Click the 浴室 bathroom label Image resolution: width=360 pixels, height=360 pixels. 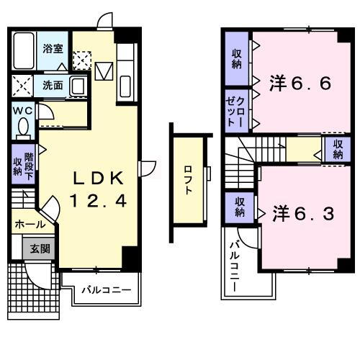pos(52,49)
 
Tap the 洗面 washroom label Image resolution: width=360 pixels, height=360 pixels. pos(52,85)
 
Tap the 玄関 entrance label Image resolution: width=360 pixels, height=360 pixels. pos(40,249)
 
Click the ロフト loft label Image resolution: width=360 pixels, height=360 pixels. pos(189,180)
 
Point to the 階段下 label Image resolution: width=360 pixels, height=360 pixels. pos(29,164)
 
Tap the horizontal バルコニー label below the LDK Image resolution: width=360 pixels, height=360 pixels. pos(105,292)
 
